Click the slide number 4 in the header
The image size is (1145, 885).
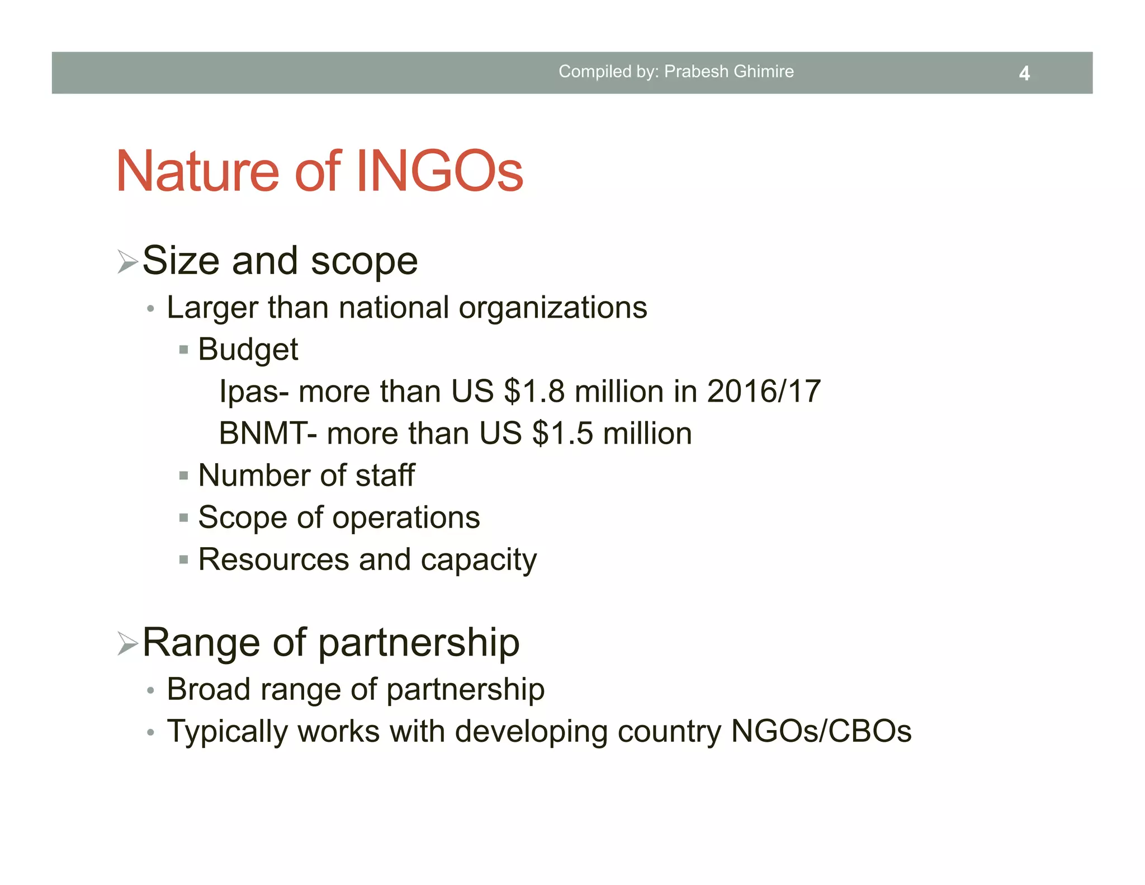(1024, 73)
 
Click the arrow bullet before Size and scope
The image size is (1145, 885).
(127, 262)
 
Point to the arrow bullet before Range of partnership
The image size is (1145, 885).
(127, 643)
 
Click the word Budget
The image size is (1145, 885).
(248, 350)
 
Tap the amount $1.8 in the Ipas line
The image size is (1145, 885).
(534, 391)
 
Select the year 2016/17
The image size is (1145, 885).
(764, 391)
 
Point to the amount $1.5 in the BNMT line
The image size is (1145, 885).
(562, 434)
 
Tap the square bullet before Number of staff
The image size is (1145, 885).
(183, 476)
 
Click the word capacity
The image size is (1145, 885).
(479, 560)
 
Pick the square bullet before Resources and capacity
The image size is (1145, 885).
(183, 559)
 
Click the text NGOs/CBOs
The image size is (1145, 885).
(821, 731)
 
